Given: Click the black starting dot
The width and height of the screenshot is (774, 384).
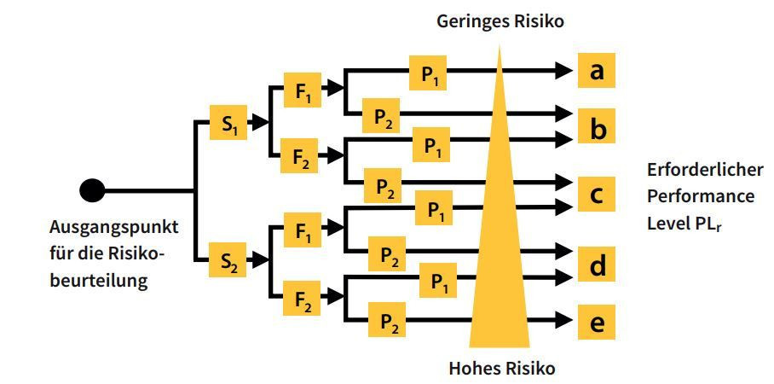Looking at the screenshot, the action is (x=92, y=190).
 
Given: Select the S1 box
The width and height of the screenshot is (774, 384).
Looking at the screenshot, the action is (x=228, y=123).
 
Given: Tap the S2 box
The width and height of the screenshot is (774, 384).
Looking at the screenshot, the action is (x=228, y=259).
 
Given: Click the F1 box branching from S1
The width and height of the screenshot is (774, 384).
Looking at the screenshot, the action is (x=302, y=90).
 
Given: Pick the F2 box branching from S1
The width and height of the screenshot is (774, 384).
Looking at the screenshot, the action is (x=299, y=155).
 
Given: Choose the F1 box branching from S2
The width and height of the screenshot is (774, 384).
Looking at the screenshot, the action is (x=302, y=230).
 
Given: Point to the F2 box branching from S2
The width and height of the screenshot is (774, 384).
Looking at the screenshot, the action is (x=302, y=298).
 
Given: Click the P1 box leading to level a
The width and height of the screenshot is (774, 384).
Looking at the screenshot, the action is (x=429, y=73).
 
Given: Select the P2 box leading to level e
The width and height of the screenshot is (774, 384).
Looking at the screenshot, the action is (x=387, y=319).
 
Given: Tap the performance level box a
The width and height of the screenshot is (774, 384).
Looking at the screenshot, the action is (x=597, y=71).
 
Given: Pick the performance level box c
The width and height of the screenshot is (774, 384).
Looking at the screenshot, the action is (x=597, y=194).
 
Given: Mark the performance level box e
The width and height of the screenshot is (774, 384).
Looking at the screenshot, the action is (x=597, y=323).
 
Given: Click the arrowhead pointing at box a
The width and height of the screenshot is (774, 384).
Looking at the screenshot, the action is (x=563, y=71).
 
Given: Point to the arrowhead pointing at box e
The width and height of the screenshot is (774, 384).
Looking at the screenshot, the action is (x=563, y=319).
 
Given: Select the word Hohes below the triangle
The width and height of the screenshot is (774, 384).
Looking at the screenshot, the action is (x=472, y=368).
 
